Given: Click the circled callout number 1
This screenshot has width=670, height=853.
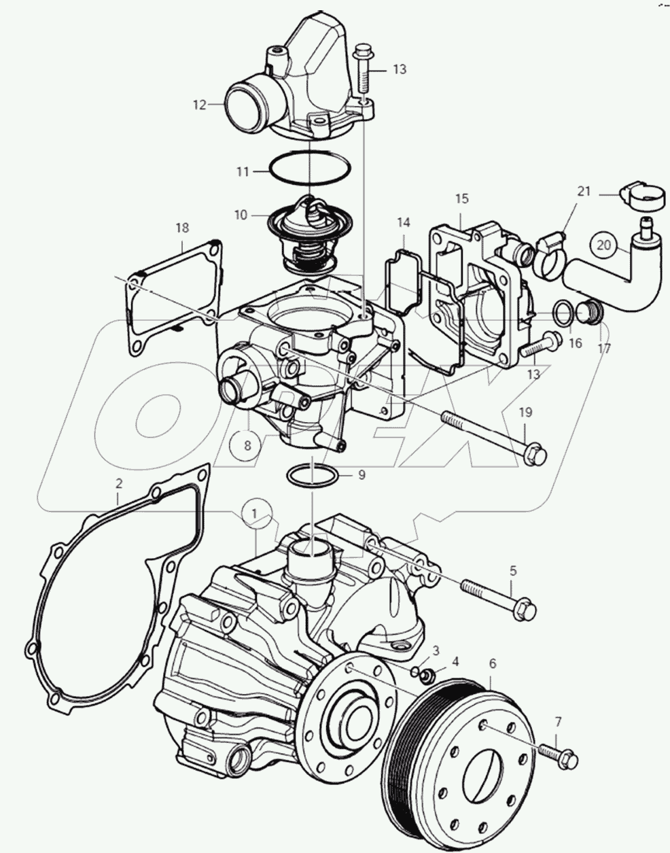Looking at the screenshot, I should pos(254,514).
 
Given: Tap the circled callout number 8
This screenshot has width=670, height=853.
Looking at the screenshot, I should pos(247,446).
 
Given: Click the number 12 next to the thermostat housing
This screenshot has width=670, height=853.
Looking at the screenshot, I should pos(198,105).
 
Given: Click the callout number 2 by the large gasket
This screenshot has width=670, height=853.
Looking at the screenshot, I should pos(119,484).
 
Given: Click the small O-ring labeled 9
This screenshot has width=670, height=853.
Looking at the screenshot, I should pos(311,475).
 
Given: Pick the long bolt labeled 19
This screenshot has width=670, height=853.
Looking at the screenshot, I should pos(489,435).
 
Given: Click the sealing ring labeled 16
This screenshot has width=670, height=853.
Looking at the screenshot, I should pos(561,312).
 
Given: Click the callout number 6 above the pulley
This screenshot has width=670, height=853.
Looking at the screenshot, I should pos(493,661).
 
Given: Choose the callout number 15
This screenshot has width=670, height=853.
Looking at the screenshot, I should pos(461,198).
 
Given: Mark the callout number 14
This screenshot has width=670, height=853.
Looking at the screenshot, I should pos(404,222).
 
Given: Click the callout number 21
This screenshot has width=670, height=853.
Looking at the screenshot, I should pos(584,192).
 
